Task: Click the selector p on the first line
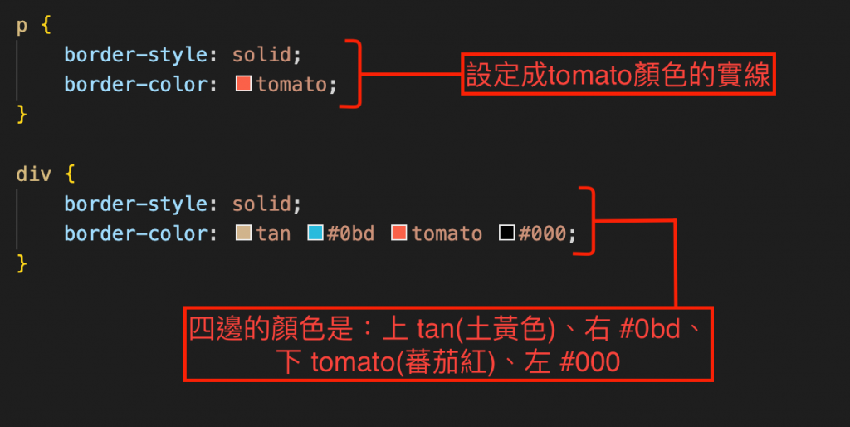pyautogui.click(x=22, y=27)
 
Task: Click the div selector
pyautogui.click(x=33, y=175)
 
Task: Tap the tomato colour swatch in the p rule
pyautogui.click(x=244, y=84)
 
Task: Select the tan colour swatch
pyautogui.click(x=244, y=233)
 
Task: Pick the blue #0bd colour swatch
pyautogui.click(x=315, y=233)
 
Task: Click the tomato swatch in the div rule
pyautogui.click(x=399, y=233)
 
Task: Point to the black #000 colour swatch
pyautogui.click(x=506, y=233)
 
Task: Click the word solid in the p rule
pyautogui.click(x=261, y=55)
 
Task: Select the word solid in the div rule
pyautogui.click(x=261, y=204)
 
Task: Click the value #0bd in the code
pyautogui.click(x=350, y=233)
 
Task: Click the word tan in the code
pyautogui.click(x=273, y=233)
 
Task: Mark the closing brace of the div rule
pyautogui.click(x=22, y=263)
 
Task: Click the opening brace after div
pyautogui.click(x=69, y=175)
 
